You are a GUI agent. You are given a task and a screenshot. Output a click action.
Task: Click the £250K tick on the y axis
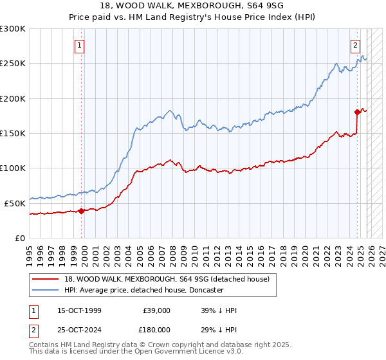tap(13, 64)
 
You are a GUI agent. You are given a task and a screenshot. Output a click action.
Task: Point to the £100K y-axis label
tap(13, 168)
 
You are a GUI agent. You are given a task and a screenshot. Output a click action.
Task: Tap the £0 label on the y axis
tap(19, 238)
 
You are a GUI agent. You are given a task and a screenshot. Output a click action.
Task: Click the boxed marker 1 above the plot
tap(79, 46)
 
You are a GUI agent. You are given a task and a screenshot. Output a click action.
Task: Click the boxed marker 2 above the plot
tap(355, 46)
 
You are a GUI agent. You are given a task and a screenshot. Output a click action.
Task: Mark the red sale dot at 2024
tap(358, 112)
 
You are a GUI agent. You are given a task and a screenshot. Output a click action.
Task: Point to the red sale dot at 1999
tap(82, 211)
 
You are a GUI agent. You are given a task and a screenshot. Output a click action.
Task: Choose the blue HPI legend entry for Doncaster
tap(143, 290)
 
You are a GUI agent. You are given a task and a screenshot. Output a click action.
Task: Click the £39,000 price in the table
tap(155, 310)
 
